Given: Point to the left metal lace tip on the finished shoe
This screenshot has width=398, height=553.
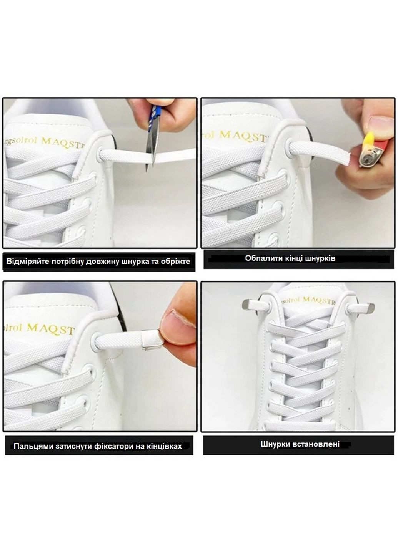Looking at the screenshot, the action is pyautogui.click(x=248, y=305).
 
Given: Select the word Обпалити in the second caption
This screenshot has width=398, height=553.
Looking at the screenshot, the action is pyautogui.click(x=261, y=258).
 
